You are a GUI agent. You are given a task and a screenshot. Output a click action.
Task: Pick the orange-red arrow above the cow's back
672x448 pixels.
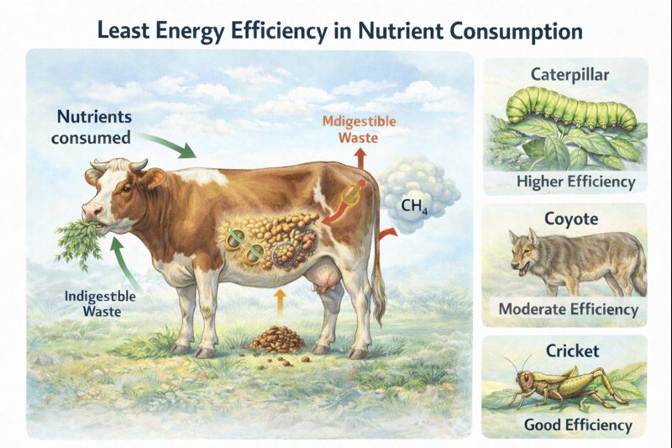pyautogui.click(x=360, y=158)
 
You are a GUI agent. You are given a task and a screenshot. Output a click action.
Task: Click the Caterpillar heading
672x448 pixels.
pyautogui.click(x=570, y=75)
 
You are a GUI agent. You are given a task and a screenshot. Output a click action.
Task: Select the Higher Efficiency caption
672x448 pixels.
pyautogui.click(x=576, y=182)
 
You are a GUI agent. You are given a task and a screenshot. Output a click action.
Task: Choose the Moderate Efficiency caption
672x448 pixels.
pyautogui.click(x=569, y=309)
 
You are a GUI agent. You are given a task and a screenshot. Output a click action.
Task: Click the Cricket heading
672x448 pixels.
pyautogui.click(x=570, y=350)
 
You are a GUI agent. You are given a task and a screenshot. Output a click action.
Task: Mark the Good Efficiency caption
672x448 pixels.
pyautogui.click(x=578, y=424)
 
